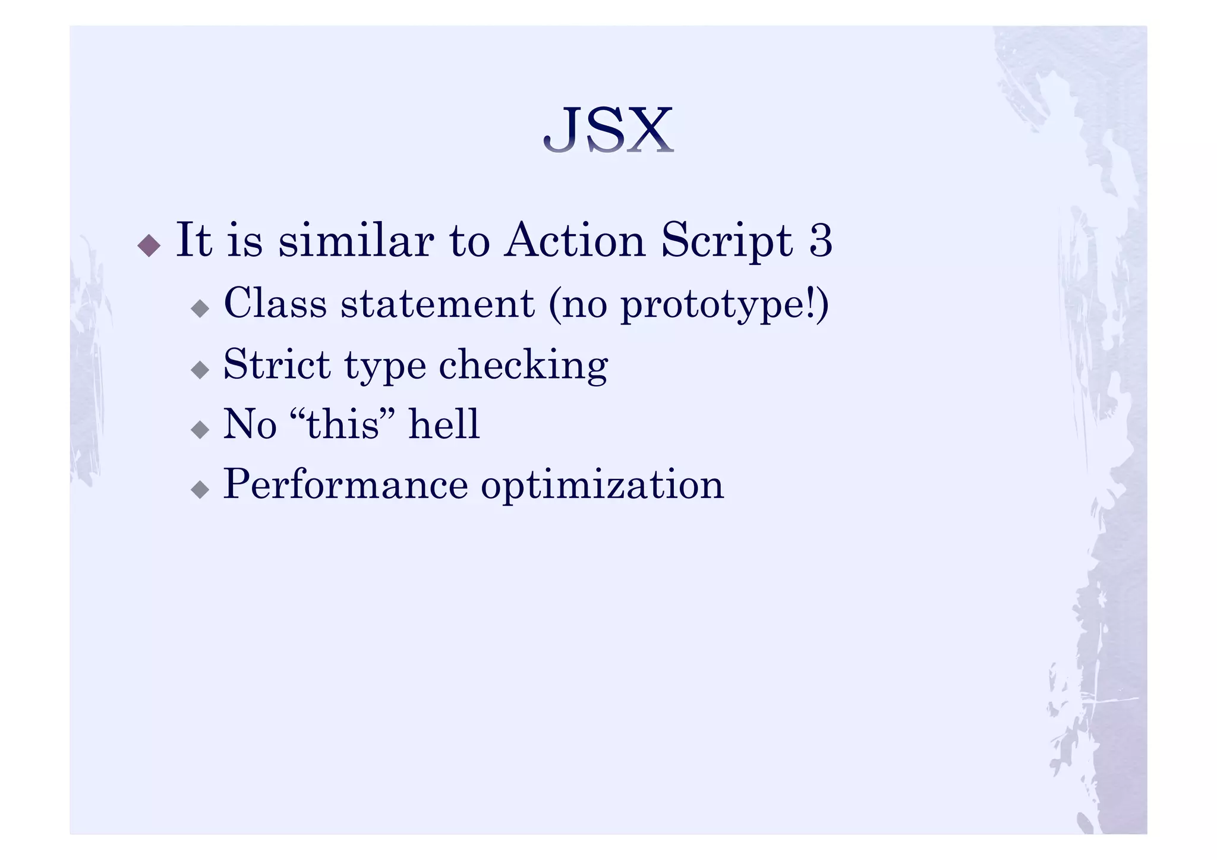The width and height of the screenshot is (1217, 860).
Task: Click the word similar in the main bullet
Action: click(356, 240)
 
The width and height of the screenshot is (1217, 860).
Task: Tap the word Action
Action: click(574, 240)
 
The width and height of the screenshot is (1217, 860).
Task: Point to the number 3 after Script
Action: click(821, 240)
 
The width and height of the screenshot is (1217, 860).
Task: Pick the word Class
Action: click(275, 303)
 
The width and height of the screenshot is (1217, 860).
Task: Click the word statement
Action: click(437, 304)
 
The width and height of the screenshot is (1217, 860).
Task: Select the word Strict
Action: click(276, 364)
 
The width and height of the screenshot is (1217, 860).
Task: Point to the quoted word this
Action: click(343, 424)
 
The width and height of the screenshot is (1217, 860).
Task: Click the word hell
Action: click(443, 424)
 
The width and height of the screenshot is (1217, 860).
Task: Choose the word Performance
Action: click(345, 485)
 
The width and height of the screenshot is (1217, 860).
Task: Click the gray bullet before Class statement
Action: click(200, 308)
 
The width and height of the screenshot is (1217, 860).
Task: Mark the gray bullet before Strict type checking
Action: click(200, 370)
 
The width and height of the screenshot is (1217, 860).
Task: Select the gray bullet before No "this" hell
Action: click(200, 430)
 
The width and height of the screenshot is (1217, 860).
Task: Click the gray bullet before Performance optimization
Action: click(200, 490)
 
